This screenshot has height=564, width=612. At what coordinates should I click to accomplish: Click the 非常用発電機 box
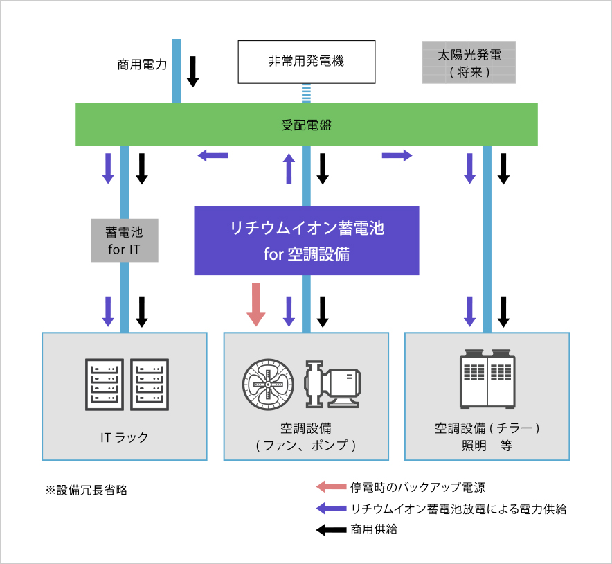tap(306, 61)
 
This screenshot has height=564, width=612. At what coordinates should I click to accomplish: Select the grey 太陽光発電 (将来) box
tap(469, 62)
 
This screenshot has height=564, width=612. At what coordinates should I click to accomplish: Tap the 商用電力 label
tap(142, 66)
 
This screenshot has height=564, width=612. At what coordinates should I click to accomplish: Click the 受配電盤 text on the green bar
tap(306, 125)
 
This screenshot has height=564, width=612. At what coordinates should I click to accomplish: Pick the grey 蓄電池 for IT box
tap(125, 240)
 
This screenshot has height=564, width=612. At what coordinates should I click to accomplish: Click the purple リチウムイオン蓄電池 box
tap(307, 240)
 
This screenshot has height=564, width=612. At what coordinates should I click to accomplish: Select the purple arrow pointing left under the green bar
tap(213, 155)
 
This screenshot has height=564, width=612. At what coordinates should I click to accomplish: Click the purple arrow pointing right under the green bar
tap(397, 155)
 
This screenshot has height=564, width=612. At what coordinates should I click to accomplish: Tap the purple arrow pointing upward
tap(289, 168)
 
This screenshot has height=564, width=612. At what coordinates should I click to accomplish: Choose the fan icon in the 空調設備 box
tap(267, 384)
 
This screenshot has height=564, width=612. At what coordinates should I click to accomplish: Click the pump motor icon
tap(332, 384)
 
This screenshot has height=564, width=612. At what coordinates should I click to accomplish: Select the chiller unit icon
tap(488, 381)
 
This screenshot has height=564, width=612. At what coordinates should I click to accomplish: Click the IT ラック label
tap(125, 437)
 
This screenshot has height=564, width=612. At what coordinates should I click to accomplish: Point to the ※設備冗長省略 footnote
tap(87, 490)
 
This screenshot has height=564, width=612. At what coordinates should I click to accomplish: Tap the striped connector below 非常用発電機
tap(306, 93)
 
